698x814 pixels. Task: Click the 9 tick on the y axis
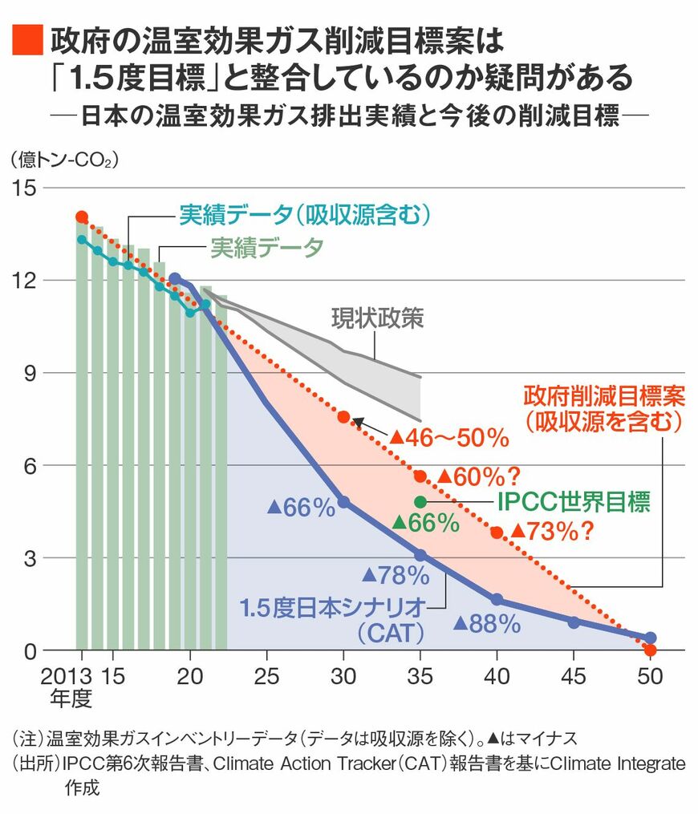pyautogui.click(x=30, y=373)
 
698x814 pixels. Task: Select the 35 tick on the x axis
pyautogui.click(x=420, y=676)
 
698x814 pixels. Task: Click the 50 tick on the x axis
pyautogui.click(x=649, y=676)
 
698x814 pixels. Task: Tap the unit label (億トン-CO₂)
pyautogui.click(x=64, y=160)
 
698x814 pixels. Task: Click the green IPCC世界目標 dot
pyautogui.click(x=420, y=501)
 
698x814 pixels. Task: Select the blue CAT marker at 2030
pyautogui.click(x=343, y=502)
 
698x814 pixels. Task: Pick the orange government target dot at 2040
pyautogui.click(x=497, y=533)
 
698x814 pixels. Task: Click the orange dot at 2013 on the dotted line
pyautogui.click(x=81, y=217)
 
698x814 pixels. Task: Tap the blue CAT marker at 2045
pyautogui.click(x=573, y=622)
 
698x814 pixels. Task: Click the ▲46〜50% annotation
pyautogui.click(x=449, y=438)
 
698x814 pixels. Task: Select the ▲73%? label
pyautogui.click(x=554, y=531)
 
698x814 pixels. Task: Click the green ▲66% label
pyautogui.click(x=425, y=524)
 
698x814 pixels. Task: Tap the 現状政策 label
pyautogui.click(x=377, y=318)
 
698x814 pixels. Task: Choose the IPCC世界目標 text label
pyautogui.click(x=573, y=502)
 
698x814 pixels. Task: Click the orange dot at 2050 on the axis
pyautogui.click(x=650, y=650)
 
